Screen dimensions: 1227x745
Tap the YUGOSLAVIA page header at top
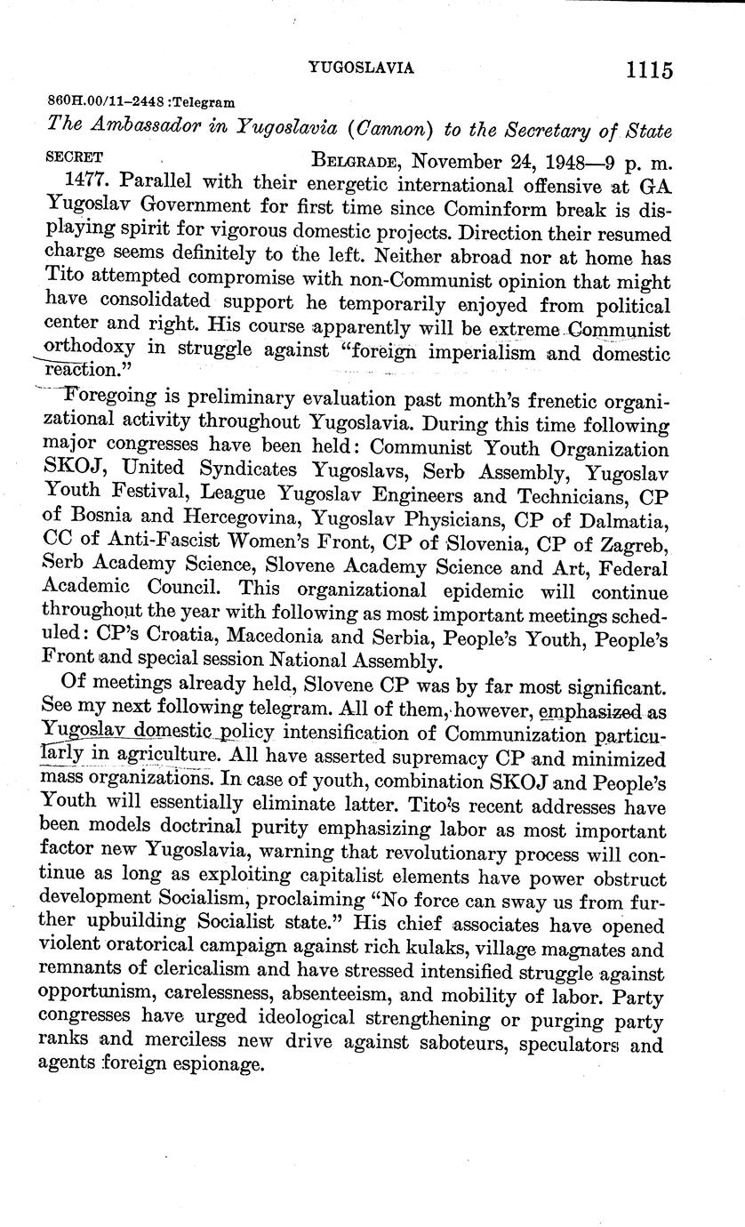361,68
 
